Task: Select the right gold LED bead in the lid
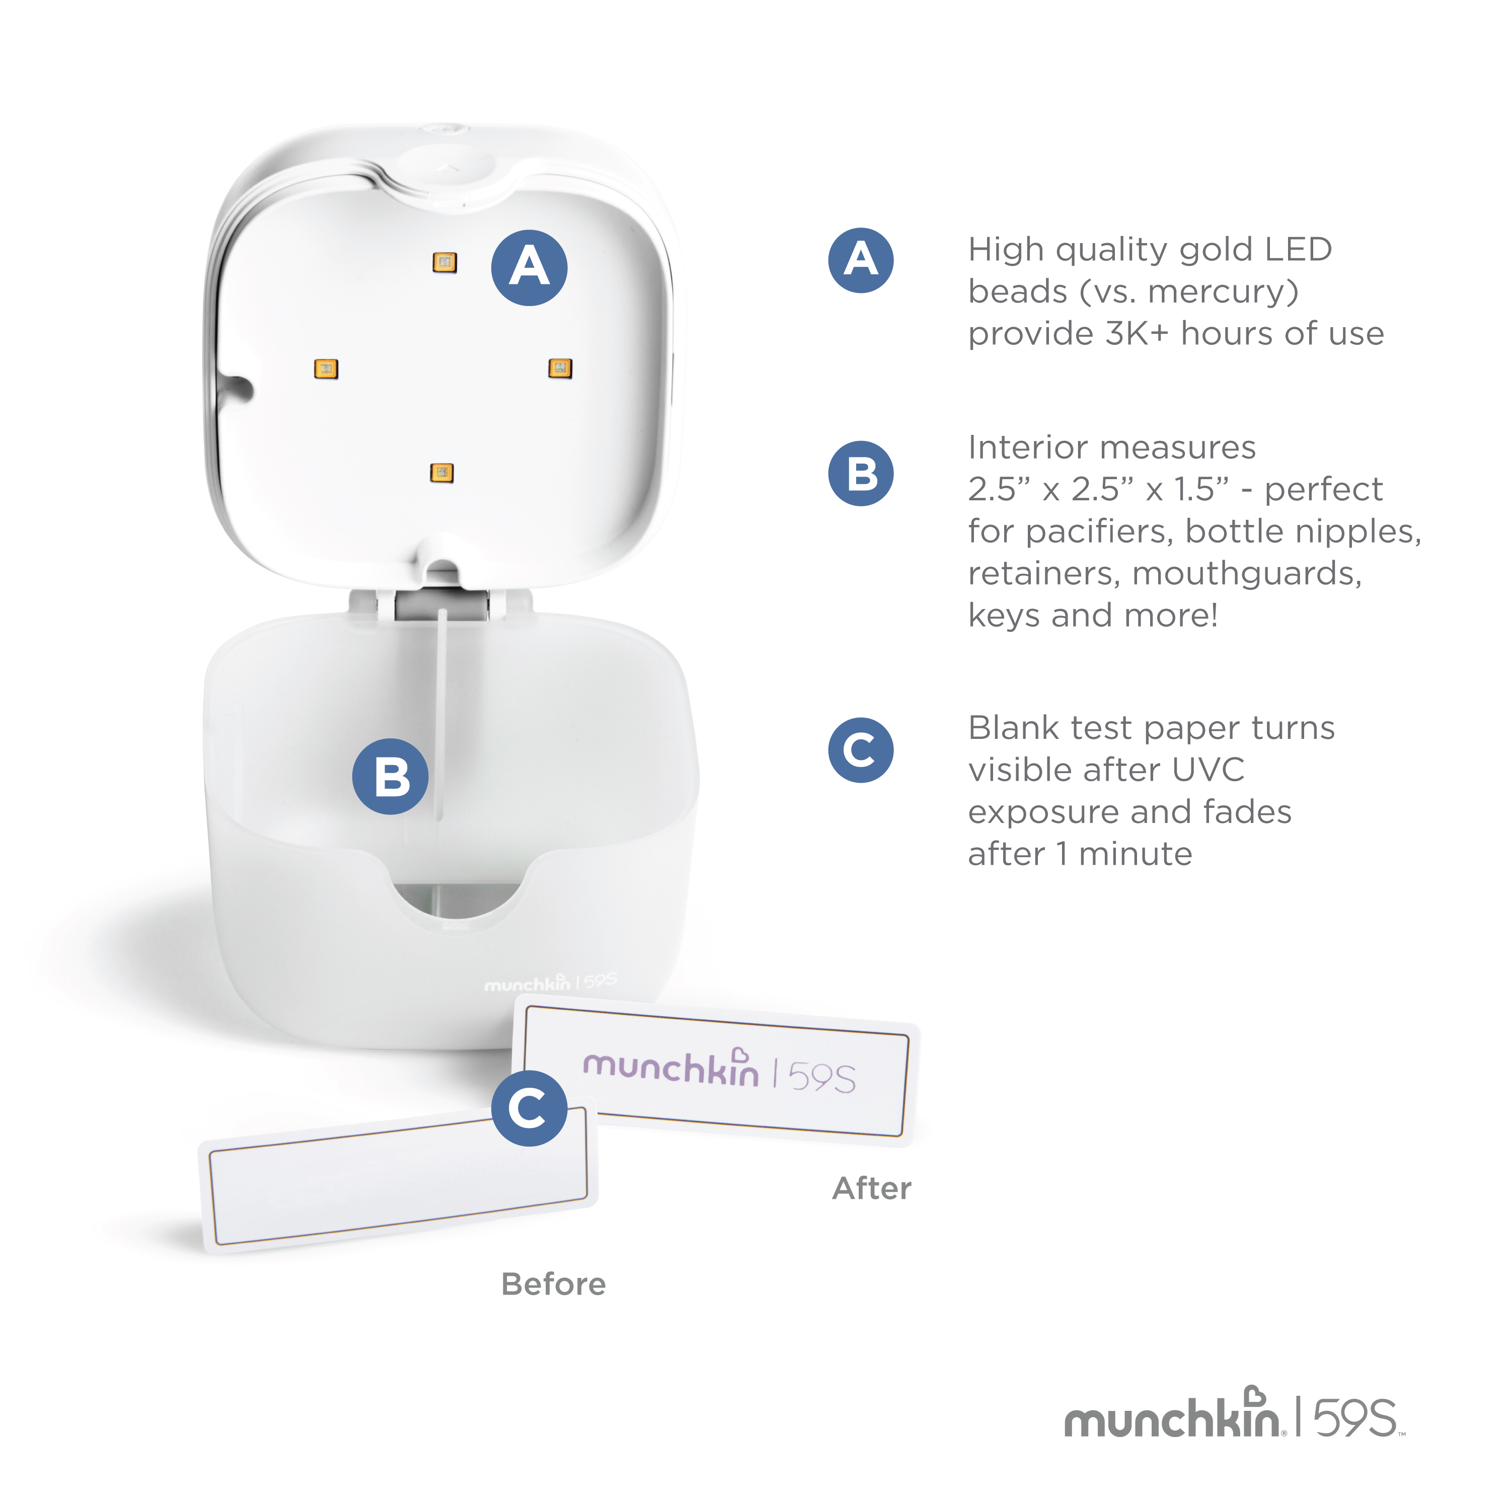560,367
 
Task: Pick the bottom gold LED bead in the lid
441,472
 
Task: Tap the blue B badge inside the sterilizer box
390,776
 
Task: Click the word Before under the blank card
553,1284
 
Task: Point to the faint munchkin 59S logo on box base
550,983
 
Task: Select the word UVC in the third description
1207,770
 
